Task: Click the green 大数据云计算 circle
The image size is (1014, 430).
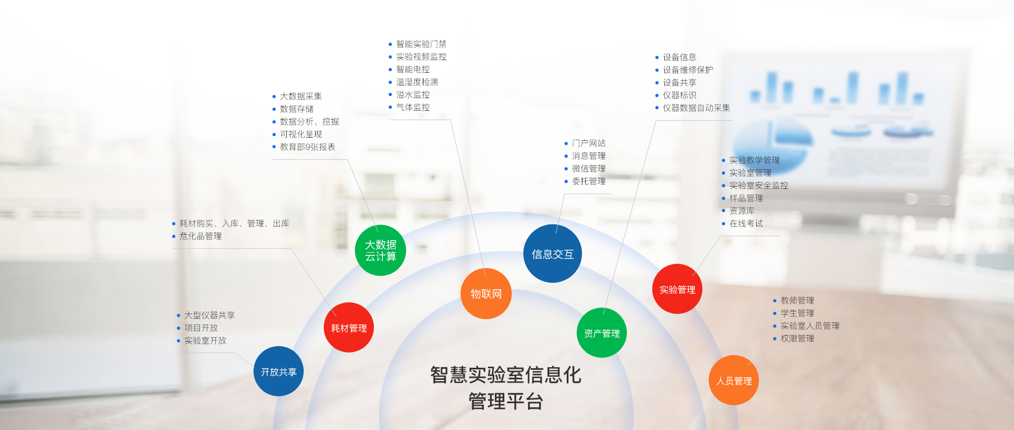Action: (380, 250)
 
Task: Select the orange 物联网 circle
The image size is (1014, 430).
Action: (486, 293)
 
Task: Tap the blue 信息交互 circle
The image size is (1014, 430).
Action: (552, 254)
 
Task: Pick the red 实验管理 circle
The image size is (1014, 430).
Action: (677, 289)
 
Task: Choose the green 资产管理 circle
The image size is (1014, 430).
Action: (602, 333)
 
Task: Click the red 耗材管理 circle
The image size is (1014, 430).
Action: (349, 328)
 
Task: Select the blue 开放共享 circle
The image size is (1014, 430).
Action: (278, 371)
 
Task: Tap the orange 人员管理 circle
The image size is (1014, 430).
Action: (734, 380)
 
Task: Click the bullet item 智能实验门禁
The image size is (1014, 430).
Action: (418, 44)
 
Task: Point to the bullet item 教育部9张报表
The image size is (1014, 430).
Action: (304, 147)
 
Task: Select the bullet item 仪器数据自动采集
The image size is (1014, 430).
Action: (693, 108)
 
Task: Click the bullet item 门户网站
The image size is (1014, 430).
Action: (585, 143)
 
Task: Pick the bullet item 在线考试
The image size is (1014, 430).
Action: (743, 223)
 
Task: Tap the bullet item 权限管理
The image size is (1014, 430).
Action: (794, 338)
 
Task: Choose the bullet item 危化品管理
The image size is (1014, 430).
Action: (197, 236)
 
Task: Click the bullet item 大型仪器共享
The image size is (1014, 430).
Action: (206, 315)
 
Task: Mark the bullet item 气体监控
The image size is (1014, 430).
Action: (409, 107)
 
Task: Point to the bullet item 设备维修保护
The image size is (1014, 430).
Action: (684, 70)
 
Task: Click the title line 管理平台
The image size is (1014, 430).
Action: (505, 402)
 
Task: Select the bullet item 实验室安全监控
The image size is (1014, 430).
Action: (755, 185)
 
